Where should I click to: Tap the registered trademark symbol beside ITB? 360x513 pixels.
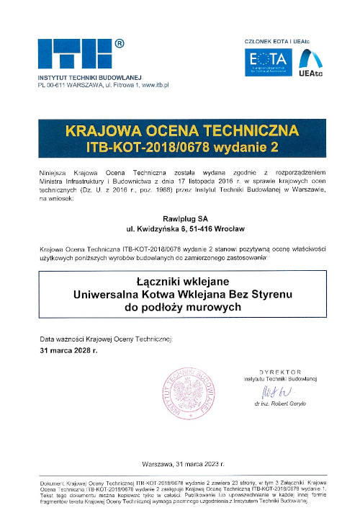pos(120,44)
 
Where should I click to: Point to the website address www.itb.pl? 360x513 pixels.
pos(151,85)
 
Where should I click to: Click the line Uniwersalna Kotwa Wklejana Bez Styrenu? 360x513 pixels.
pos(180,294)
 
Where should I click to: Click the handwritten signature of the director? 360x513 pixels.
pos(275,393)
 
